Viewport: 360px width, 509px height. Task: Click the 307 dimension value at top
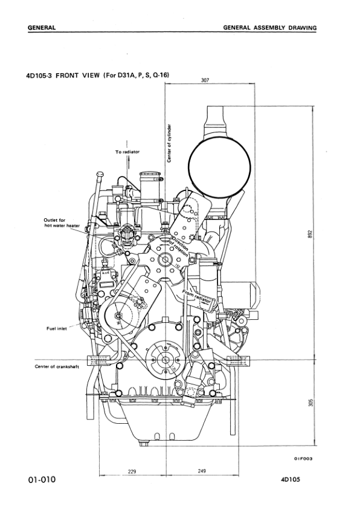[x=205, y=80]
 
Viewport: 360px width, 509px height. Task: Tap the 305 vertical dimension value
[x=310, y=403]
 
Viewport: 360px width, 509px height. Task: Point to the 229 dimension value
[x=132, y=472]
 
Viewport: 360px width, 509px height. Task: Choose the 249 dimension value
[x=201, y=471]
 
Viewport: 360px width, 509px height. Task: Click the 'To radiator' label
[x=127, y=152]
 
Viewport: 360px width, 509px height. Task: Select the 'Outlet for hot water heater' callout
[x=62, y=222]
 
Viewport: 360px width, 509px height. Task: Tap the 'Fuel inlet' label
[x=57, y=328]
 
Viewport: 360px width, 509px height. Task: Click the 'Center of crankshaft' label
[x=57, y=367]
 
